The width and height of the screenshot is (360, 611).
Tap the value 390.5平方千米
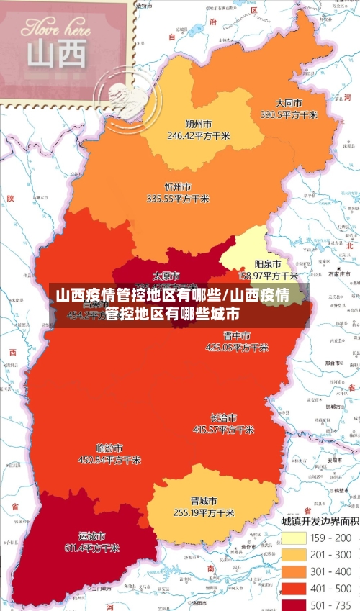point(289,114)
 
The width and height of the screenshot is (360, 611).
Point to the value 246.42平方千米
point(198,135)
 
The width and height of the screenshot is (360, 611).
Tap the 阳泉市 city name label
point(268,264)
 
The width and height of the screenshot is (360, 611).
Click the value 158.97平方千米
point(268,276)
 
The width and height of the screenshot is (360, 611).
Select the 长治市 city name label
point(223,417)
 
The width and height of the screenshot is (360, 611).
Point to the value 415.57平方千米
point(223,430)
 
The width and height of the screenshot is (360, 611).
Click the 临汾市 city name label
point(109,447)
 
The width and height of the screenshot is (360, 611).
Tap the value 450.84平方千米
point(109,459)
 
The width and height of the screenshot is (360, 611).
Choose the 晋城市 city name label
point(204,501)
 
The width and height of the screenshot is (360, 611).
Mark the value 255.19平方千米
point(204,513)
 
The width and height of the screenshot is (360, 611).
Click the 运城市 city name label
point(91,536)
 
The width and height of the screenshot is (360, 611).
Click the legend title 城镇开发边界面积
point(320,520)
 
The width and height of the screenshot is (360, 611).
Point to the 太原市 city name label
point(166,276)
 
